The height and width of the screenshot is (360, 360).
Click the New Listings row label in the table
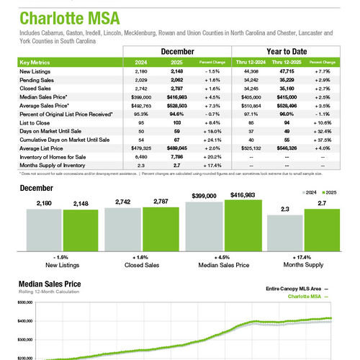[x=35, y=72]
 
